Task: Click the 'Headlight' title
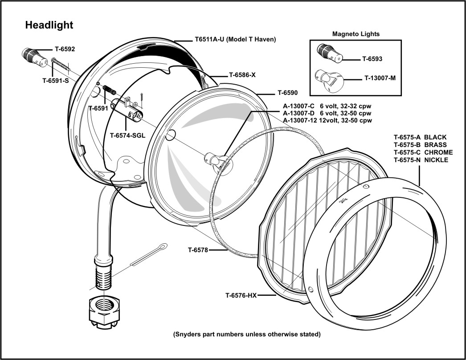pos(49,25)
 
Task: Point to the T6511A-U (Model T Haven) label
pos(236,39)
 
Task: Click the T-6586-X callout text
pos(242,75)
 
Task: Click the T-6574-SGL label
pos(129,135)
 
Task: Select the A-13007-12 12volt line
pos(327,120)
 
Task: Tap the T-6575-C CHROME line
pos(423,152)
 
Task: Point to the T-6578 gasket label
pos(198,250)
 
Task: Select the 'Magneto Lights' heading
pos(356,34)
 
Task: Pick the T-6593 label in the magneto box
pos(372,58)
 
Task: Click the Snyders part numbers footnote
pos(246,334)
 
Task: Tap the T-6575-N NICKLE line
pos(421,160)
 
